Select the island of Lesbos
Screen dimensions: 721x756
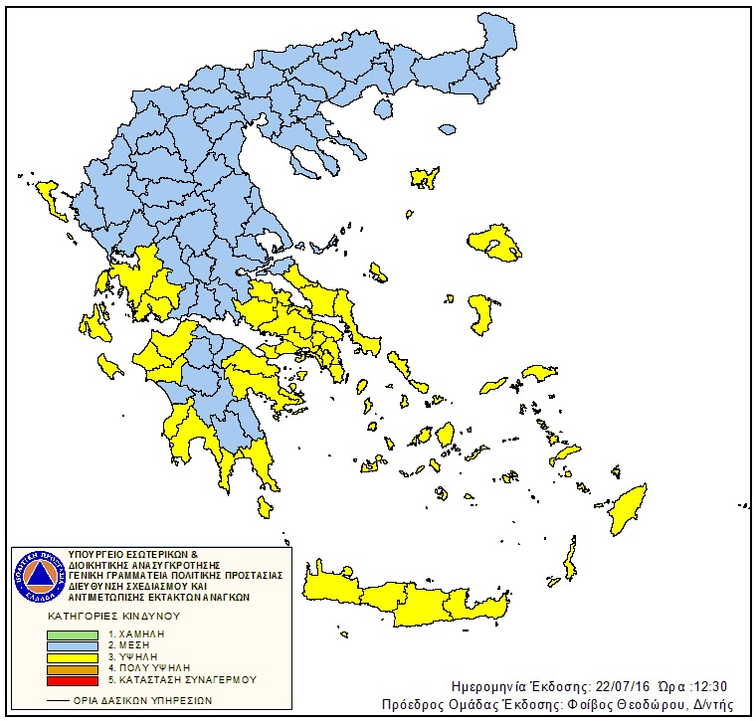pyautogui.click(x=497, y=242)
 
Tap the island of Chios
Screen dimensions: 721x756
pyautogui.click(x=483, y=312)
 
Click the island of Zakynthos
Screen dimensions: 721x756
pyautogui.click(x=108, y=368)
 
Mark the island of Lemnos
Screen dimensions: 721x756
pyautogui.click(x=426, y=178)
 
